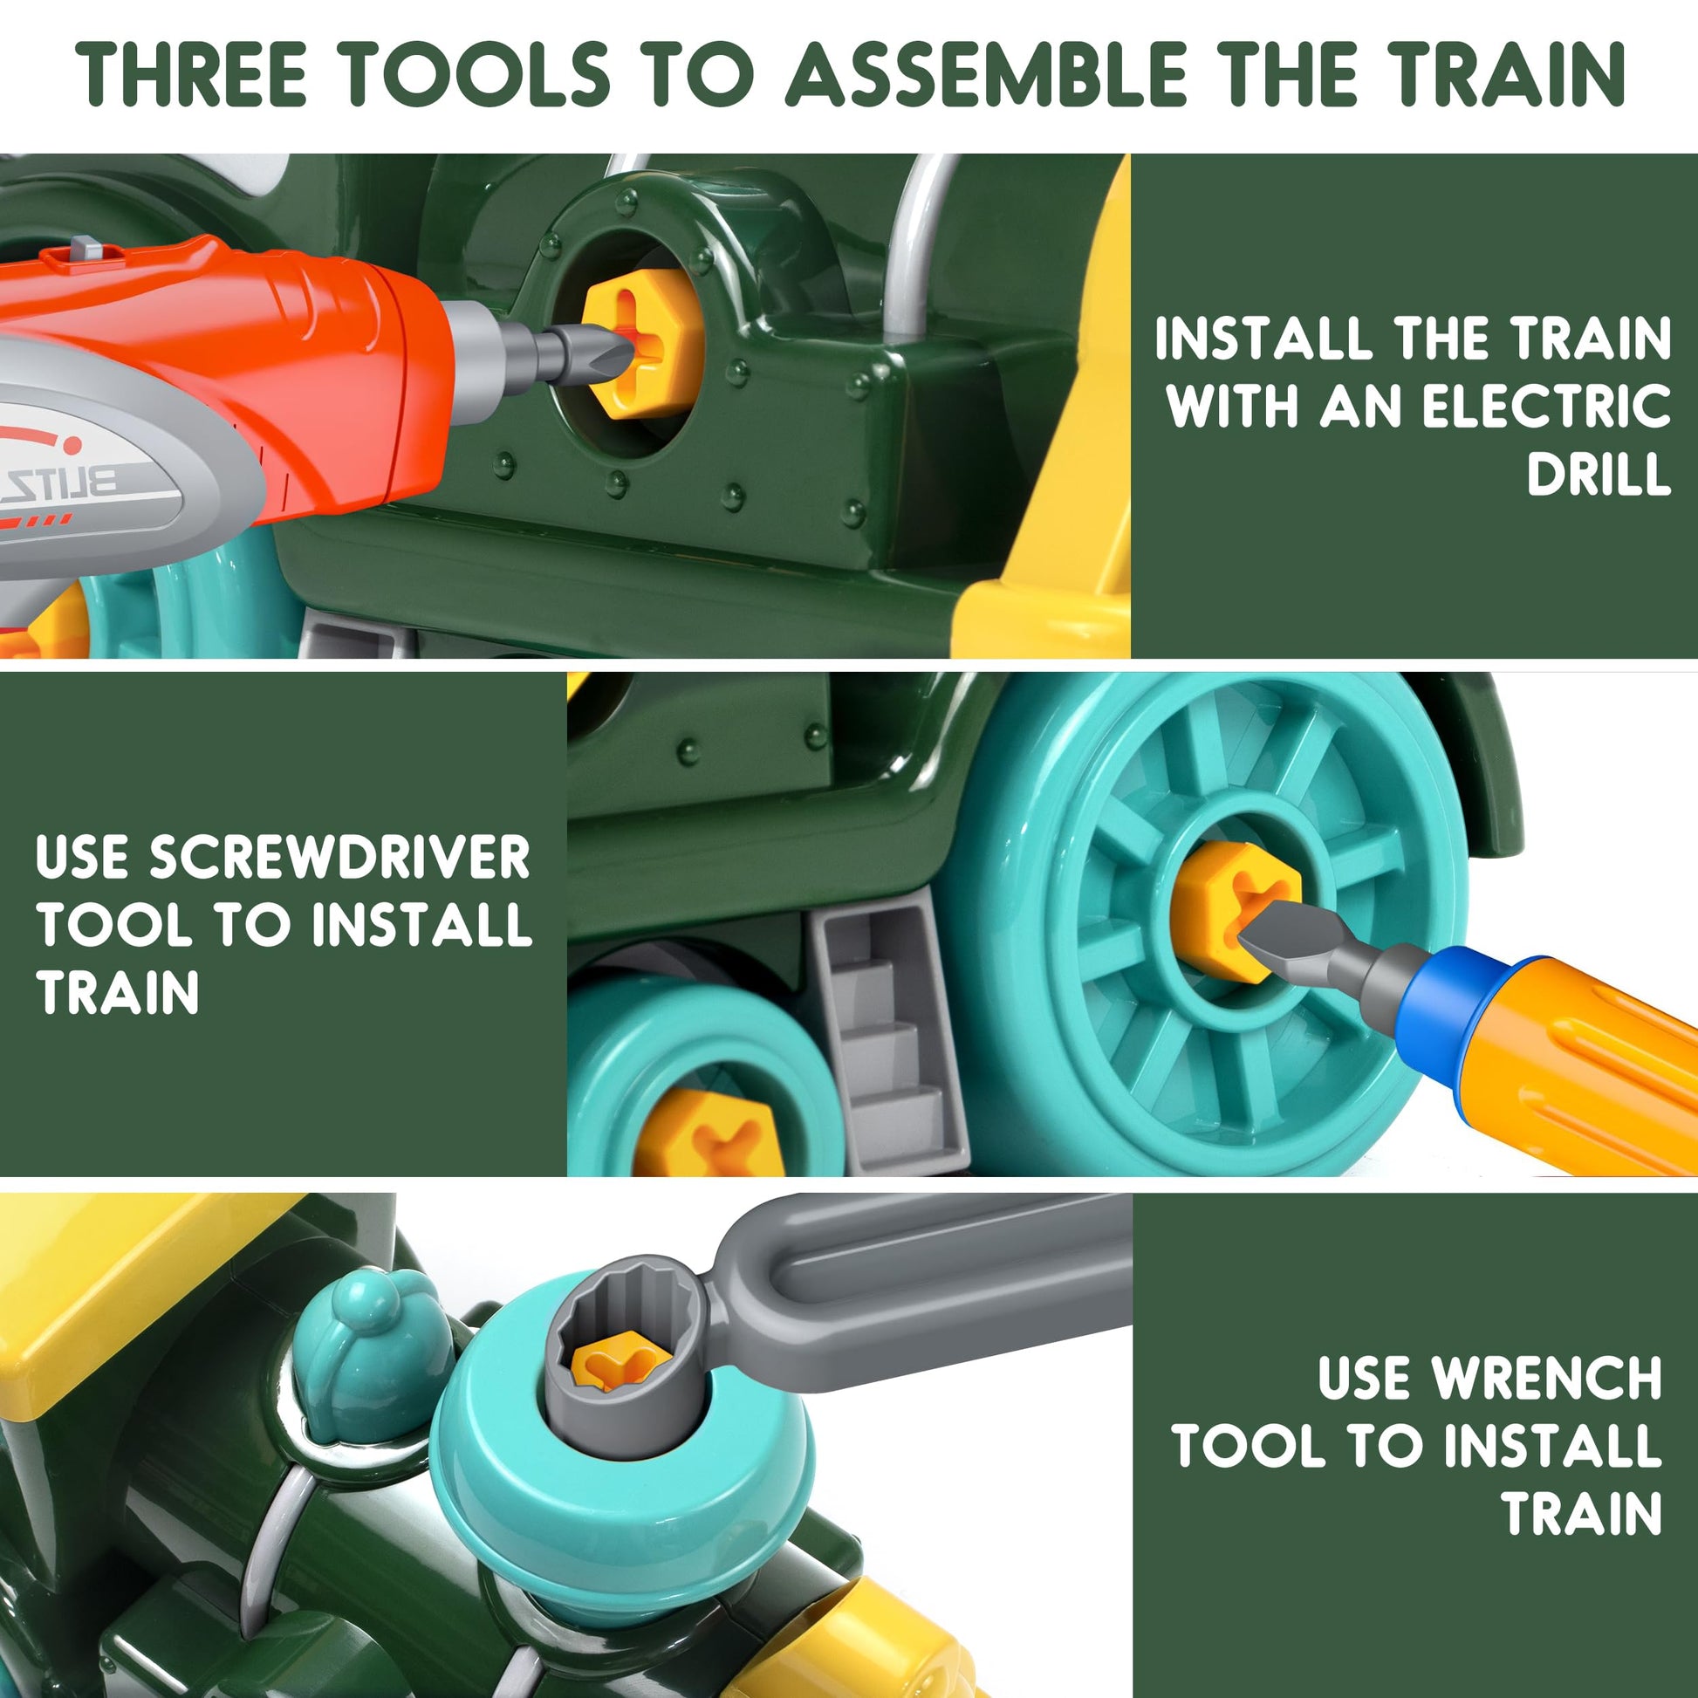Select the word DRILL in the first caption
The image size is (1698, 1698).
pyautogui.click(x=1599, y=476)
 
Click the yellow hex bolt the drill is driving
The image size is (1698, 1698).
pyautogui.click(x=640, y=345)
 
